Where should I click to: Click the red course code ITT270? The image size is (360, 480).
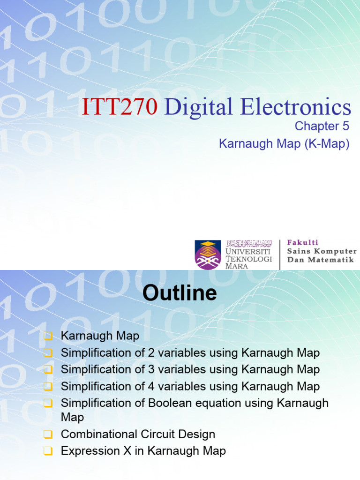click(119, 107)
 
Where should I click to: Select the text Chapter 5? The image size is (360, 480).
click(322, 126)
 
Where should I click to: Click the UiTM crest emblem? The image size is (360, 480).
click(208, 255)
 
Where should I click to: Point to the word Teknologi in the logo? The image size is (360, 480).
click(249, 259)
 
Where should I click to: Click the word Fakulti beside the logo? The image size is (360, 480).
click(302, 242)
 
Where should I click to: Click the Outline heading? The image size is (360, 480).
click(180, 293)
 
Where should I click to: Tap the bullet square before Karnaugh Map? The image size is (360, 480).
click(47, 336)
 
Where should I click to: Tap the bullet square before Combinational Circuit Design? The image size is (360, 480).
click(47, 435)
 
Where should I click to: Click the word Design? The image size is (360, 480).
click(197, 434)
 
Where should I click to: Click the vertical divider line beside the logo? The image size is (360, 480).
click(280, 255)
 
